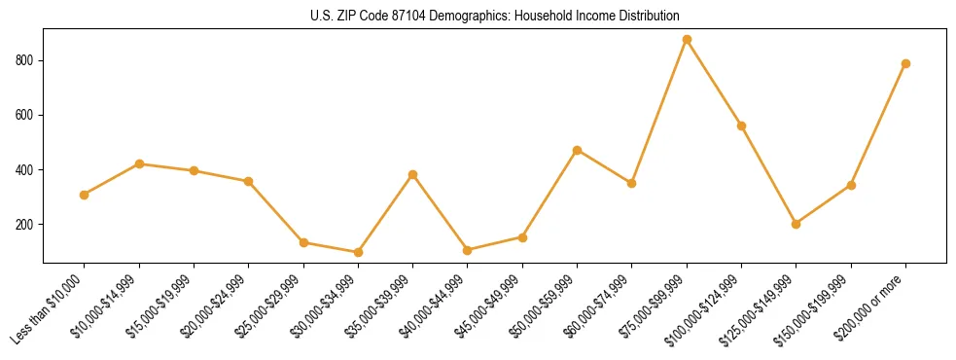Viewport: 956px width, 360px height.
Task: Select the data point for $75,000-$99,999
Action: coord(687,40)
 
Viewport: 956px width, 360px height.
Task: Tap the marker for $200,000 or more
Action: coord(905,63)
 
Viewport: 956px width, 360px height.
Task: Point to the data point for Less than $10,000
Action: coord(85,195)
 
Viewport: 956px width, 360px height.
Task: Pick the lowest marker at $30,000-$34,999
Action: coord(358,252)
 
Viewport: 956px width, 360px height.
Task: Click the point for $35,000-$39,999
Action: coord(412,174)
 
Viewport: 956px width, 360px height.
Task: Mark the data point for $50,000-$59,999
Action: coord(577,150)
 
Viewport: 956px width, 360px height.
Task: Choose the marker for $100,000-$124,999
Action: coord(741,126)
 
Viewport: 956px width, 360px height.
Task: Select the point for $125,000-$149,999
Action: coord(796,224)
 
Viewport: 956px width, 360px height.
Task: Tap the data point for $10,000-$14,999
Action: coord(139,163)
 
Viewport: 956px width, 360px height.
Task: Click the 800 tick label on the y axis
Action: coord(27,60)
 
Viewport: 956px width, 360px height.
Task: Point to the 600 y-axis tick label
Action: coord(27,115)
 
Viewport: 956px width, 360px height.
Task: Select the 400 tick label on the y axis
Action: coord(27,169)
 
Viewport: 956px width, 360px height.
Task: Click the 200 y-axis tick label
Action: coord(27,224)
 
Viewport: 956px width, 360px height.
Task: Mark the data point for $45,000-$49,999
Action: coord(522,237)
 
